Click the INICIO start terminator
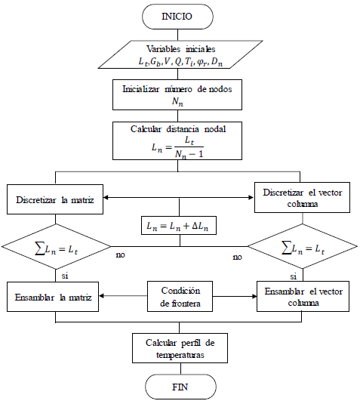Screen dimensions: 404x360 [180, 14]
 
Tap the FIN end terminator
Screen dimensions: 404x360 [180, 387]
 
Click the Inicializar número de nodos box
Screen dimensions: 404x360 [180, 94]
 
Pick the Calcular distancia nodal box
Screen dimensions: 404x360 [180, 141]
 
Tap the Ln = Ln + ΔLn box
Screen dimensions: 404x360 [180, 224]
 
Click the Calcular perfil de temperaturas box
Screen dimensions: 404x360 [180, 347]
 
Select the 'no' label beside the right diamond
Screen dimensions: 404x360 [237, 258]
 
